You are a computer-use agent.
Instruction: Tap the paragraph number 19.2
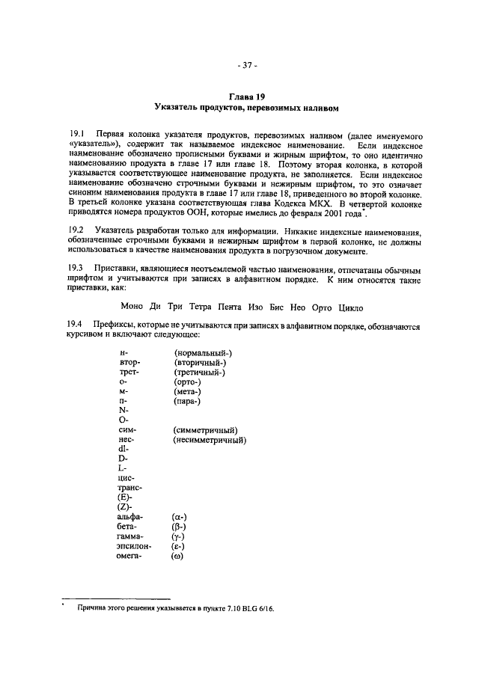76,233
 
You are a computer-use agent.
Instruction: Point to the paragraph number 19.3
76,267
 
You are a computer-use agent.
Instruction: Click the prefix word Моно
132,307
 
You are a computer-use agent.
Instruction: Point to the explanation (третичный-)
199,372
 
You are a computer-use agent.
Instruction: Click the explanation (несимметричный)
210,440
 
